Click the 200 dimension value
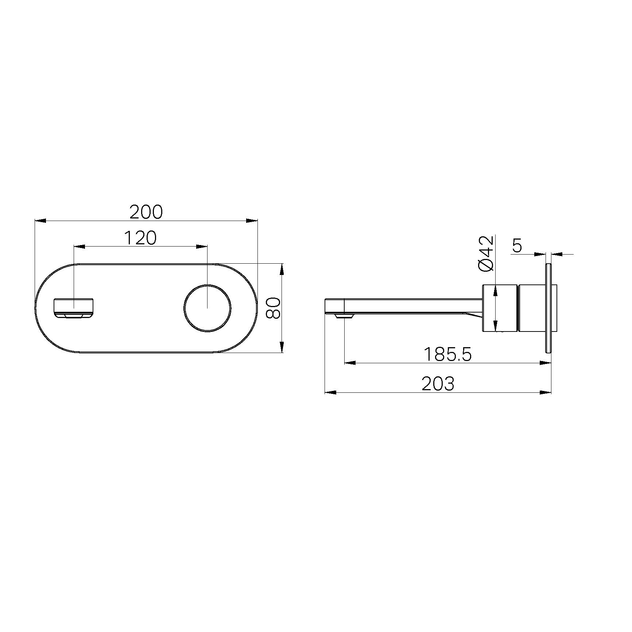tap(146, 212)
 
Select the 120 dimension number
tap(140, 238)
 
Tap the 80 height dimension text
tap(273, 308)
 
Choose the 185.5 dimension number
tap(448, 354)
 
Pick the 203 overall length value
tap(438, 384)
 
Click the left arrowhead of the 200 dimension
tap(40, 221)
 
